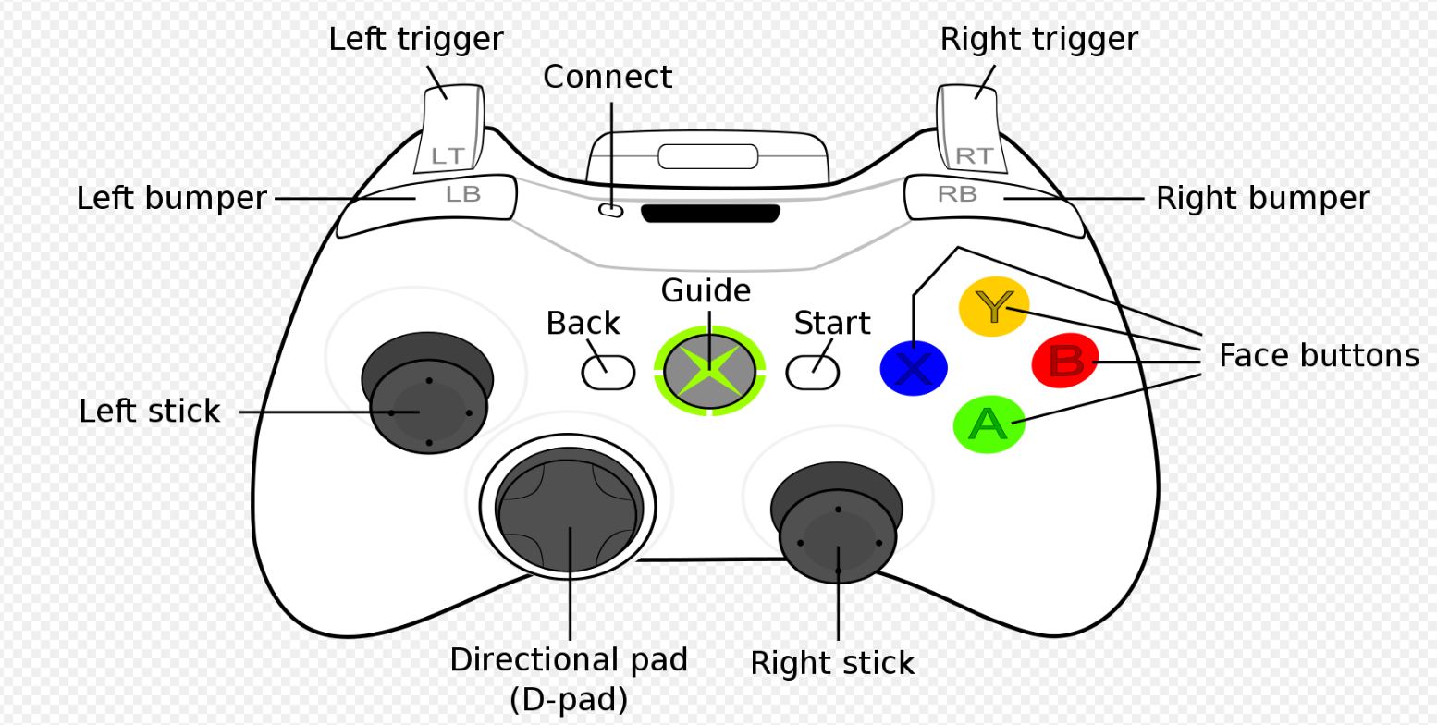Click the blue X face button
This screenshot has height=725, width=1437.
pyautogui.click(x=914, y=368)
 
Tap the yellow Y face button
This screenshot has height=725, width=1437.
pyautogui.click(x=994, y=306)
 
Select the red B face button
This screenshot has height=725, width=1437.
pyautogui.click(x=1065, y=361)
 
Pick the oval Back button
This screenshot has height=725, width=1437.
pyautogui.click(x=608, y=372)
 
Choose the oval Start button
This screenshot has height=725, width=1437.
pyautogui.click(x=813, y=372)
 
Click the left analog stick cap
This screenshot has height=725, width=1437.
pyautogui.click(x=429, y=407)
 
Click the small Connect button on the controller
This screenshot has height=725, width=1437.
pyautogui.click(x=611, y=211)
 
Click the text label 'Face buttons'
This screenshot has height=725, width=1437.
pyautogui.click(x=1318, y=355)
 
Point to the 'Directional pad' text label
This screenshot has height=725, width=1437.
pyautogui.click(x=569, y=660)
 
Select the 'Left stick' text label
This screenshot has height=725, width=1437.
pyautogui.click(x=150, y=412)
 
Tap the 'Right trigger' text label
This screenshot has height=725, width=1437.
pyautogui.click(x=1038, y=40)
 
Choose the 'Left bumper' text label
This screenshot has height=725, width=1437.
pyautogui.click(x=171, y=199)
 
